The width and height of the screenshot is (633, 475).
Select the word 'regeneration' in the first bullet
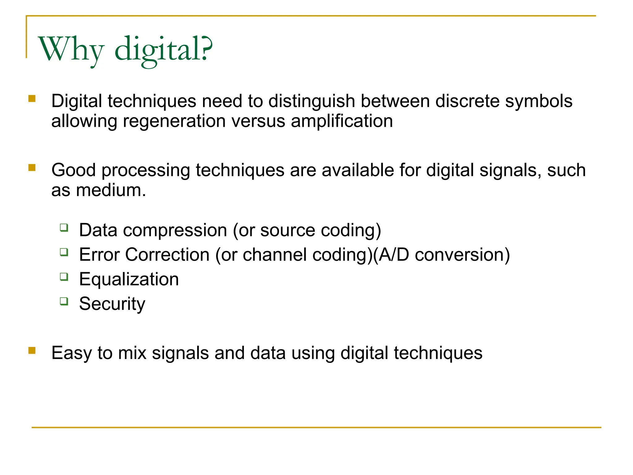click(x=174, y=121)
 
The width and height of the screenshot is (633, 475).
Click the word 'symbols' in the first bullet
click(x=539, y=101)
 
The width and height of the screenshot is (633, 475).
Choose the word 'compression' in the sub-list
click(x=175, y=230)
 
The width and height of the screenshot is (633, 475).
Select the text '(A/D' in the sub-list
click(x=391, y=255)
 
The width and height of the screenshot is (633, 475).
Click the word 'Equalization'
click(x=129, y=279)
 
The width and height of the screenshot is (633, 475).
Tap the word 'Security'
click(x=112, y=304)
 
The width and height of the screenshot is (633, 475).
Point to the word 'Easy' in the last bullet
click(x=71, y=353)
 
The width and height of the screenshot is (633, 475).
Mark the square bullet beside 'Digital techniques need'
click(x=32, y=99)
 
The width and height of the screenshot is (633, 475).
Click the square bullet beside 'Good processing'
click(x=32, y=168)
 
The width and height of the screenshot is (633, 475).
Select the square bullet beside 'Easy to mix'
click(x=32, y=350)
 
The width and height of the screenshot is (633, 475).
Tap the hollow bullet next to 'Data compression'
click(x=64, y=228)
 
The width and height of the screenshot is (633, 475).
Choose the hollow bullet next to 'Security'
click(x=64, y=301)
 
